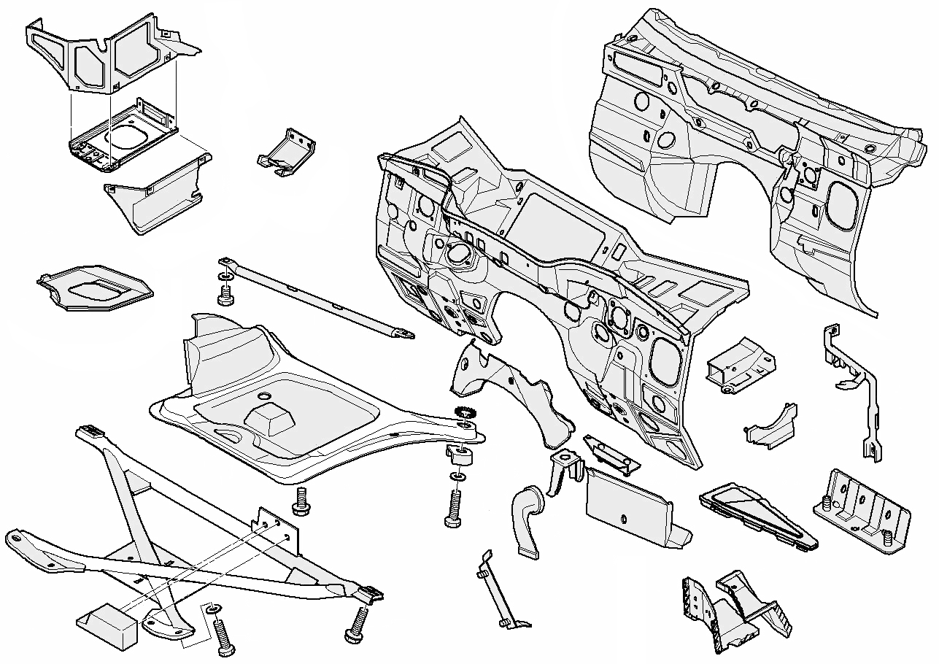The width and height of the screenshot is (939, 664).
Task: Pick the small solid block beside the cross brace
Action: (108, 625)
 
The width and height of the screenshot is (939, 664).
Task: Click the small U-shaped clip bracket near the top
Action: (286, 153)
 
